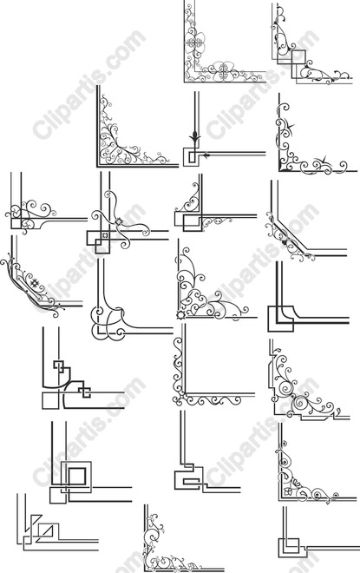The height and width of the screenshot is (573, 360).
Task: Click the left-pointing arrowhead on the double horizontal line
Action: coord(206,155)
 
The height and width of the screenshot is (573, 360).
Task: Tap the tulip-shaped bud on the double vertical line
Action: coord(194,139)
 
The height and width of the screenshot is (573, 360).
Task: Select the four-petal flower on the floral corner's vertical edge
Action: coord(194,43)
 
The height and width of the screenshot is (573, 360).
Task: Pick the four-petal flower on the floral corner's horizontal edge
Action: coord(224,70)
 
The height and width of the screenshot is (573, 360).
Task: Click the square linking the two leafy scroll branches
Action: coord(298,56)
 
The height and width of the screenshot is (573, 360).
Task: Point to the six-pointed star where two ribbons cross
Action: coord(118,221)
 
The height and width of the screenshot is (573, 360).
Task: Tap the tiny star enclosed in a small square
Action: coord(105,234)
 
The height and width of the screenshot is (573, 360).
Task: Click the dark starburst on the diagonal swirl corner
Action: coord(35,282)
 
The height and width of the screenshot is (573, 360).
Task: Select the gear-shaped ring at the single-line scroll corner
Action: coord(180,314)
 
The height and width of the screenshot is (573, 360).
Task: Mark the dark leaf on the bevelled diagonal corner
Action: coord(284,242)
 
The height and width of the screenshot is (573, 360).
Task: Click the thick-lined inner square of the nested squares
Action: coord(77,476)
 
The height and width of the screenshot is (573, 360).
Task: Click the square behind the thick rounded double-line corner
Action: coord(280,319)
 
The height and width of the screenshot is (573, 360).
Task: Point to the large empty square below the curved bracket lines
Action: coord(50,400)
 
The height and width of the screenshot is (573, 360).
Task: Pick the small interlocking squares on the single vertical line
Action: coord(59,366)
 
